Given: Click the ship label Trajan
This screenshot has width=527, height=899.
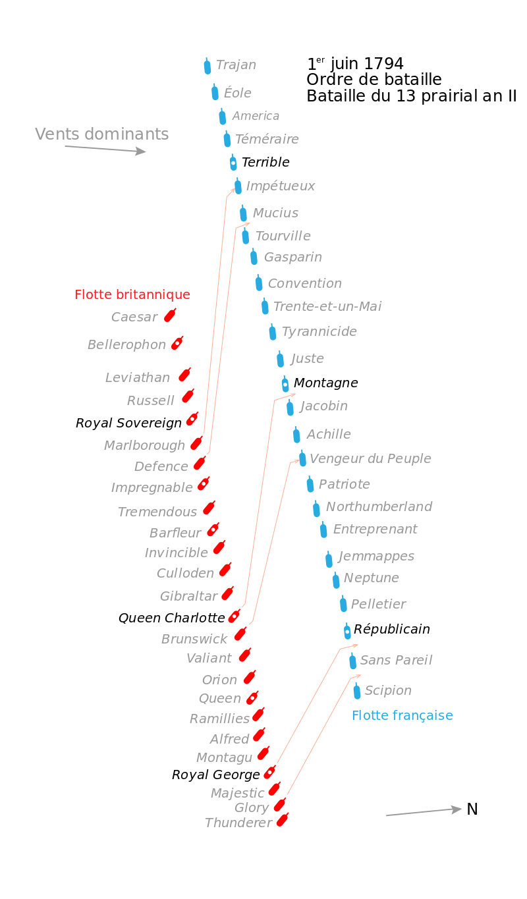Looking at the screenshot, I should (x=236, y=65).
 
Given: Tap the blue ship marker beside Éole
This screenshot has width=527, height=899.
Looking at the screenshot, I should (x=215, y=92).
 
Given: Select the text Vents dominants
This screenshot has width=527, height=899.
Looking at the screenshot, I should (x=101, y=134).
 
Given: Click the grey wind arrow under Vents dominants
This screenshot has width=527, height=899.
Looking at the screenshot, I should (x=105, y=150).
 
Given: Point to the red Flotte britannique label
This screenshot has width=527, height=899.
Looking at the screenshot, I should (x=132, y=294).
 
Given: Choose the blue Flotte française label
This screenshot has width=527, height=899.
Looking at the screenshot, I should (x=402, y=715).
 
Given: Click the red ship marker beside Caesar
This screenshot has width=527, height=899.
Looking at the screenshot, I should (x=170, y=315).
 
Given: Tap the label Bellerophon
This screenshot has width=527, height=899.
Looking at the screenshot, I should (x=126, y=344).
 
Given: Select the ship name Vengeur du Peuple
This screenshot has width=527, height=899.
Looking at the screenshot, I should (x=370, y=458).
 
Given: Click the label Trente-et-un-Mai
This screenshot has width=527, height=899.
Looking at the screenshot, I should (x=327, y=306).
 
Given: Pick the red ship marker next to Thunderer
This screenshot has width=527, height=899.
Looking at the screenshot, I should (x=283, y=820).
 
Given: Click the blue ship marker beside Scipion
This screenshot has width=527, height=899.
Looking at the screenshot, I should (x=356, y=691).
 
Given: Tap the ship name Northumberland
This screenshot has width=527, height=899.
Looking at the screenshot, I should (x=379, y=506).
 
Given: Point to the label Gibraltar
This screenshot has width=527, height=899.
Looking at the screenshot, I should (x=188, y=596).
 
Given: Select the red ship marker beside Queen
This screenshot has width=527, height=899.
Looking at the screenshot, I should (x=252, y=697).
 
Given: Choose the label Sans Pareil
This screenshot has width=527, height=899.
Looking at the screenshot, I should (x=396, y=660).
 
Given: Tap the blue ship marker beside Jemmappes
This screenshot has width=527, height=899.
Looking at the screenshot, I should (x=329, y=559).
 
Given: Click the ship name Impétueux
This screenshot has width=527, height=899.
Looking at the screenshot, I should (x=280, y=186).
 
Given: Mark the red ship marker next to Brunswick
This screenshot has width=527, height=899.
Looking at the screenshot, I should (x=240, y=634).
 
